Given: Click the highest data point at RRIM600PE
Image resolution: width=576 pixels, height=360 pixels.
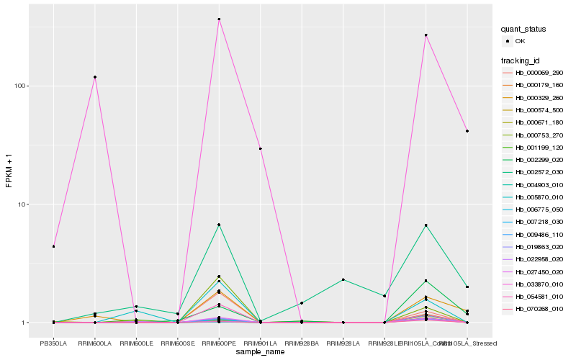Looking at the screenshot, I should click(x=219, y=19).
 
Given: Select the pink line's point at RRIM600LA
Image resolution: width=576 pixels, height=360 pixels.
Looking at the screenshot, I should click(x=95, y=77).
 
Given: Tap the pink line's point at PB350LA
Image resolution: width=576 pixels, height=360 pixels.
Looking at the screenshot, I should click(x=53, y=246).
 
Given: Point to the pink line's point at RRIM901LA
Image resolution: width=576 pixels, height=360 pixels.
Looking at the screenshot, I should click(x=260, y=148).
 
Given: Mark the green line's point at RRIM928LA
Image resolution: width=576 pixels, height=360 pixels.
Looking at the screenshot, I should click(x=343, y=279).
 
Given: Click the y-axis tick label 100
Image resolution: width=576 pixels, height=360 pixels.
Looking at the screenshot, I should click(x=21, y=86).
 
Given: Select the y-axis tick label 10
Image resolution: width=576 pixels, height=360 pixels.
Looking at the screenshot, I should click(x=23, y=204).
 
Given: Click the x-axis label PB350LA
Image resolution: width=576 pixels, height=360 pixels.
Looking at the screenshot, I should click(x=53, y=333).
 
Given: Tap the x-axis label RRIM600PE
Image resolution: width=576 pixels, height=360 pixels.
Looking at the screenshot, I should click(x=219, y=333).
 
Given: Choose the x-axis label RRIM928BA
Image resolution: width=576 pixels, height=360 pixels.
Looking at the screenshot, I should click(x=302, y=333).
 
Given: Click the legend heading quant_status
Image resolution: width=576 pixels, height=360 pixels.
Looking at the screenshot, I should click(x=523, y=30).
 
